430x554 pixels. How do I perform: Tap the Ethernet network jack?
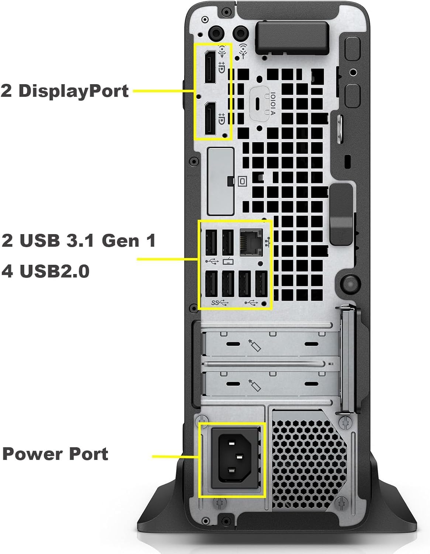[x=251, y=242]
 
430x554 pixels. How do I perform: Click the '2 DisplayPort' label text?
[x=65, y=91]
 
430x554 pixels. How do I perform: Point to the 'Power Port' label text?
[x=55, y=454]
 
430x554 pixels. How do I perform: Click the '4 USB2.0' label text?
[x=46, y=271]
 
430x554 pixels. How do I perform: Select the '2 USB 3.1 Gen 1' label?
[x=79, y=240]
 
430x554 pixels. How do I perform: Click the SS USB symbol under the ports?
[x=220, y=303]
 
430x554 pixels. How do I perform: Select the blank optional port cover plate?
[x=220, y=181]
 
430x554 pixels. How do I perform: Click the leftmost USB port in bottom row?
[x=211, y=284]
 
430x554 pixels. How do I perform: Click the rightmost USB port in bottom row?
[x=261, y=284]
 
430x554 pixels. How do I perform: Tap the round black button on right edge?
[x=348, y=282]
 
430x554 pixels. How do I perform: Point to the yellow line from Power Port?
[x=175, y=457]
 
